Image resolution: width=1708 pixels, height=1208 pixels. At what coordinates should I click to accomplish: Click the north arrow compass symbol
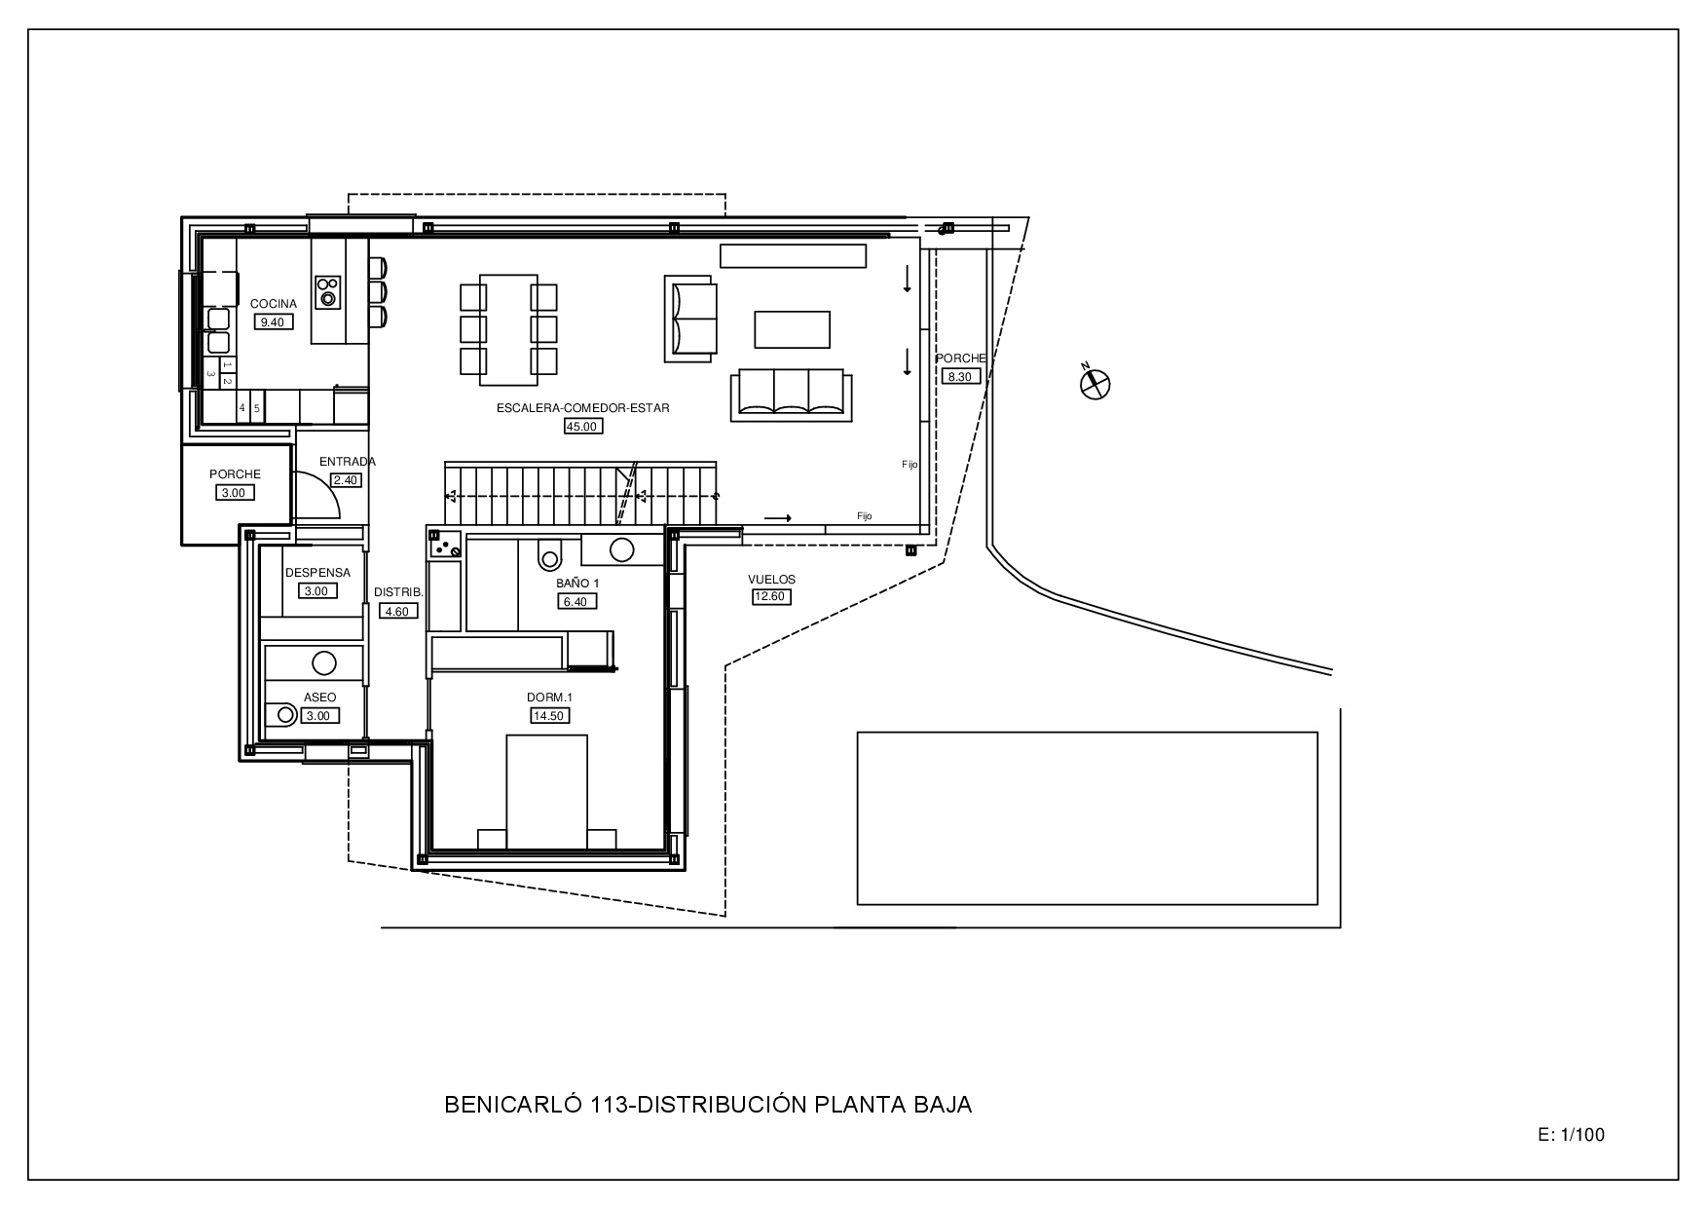click(x=1095, y=383)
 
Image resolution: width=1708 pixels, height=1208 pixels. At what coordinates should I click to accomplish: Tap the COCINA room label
click(x=274, y=304)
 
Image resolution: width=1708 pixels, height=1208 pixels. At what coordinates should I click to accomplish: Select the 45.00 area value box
click(x=583, y=426)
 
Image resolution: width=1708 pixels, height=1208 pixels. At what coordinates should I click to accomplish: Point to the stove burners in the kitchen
click(x=328, y=290)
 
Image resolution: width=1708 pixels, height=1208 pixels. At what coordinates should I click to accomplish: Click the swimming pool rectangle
click(x=1087, y=818)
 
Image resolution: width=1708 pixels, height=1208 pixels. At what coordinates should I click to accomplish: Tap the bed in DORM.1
click(x=547, y=792)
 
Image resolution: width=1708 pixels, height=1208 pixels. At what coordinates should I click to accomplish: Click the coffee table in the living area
click(x=793, y=329)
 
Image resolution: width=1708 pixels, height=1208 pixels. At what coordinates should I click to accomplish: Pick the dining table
click(x=508, y=330)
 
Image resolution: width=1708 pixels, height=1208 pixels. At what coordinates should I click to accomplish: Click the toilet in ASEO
click(x=281, y=714)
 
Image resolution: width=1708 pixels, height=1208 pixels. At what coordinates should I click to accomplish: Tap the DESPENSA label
click(x=317, y=573)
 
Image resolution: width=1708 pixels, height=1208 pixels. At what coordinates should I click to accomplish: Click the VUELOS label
click(x=771, y=580)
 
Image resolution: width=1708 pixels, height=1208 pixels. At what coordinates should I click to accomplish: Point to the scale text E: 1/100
click(x=1571, y=1134)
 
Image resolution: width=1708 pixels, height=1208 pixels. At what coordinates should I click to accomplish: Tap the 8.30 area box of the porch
click(x=960, y=376)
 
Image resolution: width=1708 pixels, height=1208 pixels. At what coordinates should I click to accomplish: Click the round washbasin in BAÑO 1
click(x=621, y=549)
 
